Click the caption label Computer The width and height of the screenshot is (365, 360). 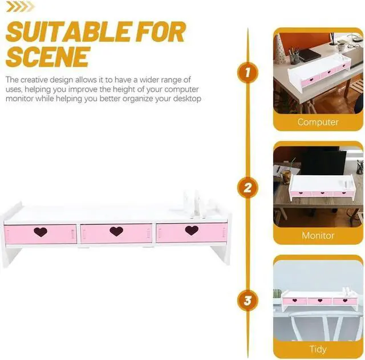click(318, 122)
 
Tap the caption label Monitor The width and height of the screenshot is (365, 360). click(318, 235)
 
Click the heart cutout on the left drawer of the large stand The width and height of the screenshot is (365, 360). click(40, 232)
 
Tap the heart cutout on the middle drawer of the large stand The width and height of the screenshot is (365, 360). click(116, 231)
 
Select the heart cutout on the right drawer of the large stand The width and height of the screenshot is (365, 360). click(192, 230)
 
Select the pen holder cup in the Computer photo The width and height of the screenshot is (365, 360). click(295, 57)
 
